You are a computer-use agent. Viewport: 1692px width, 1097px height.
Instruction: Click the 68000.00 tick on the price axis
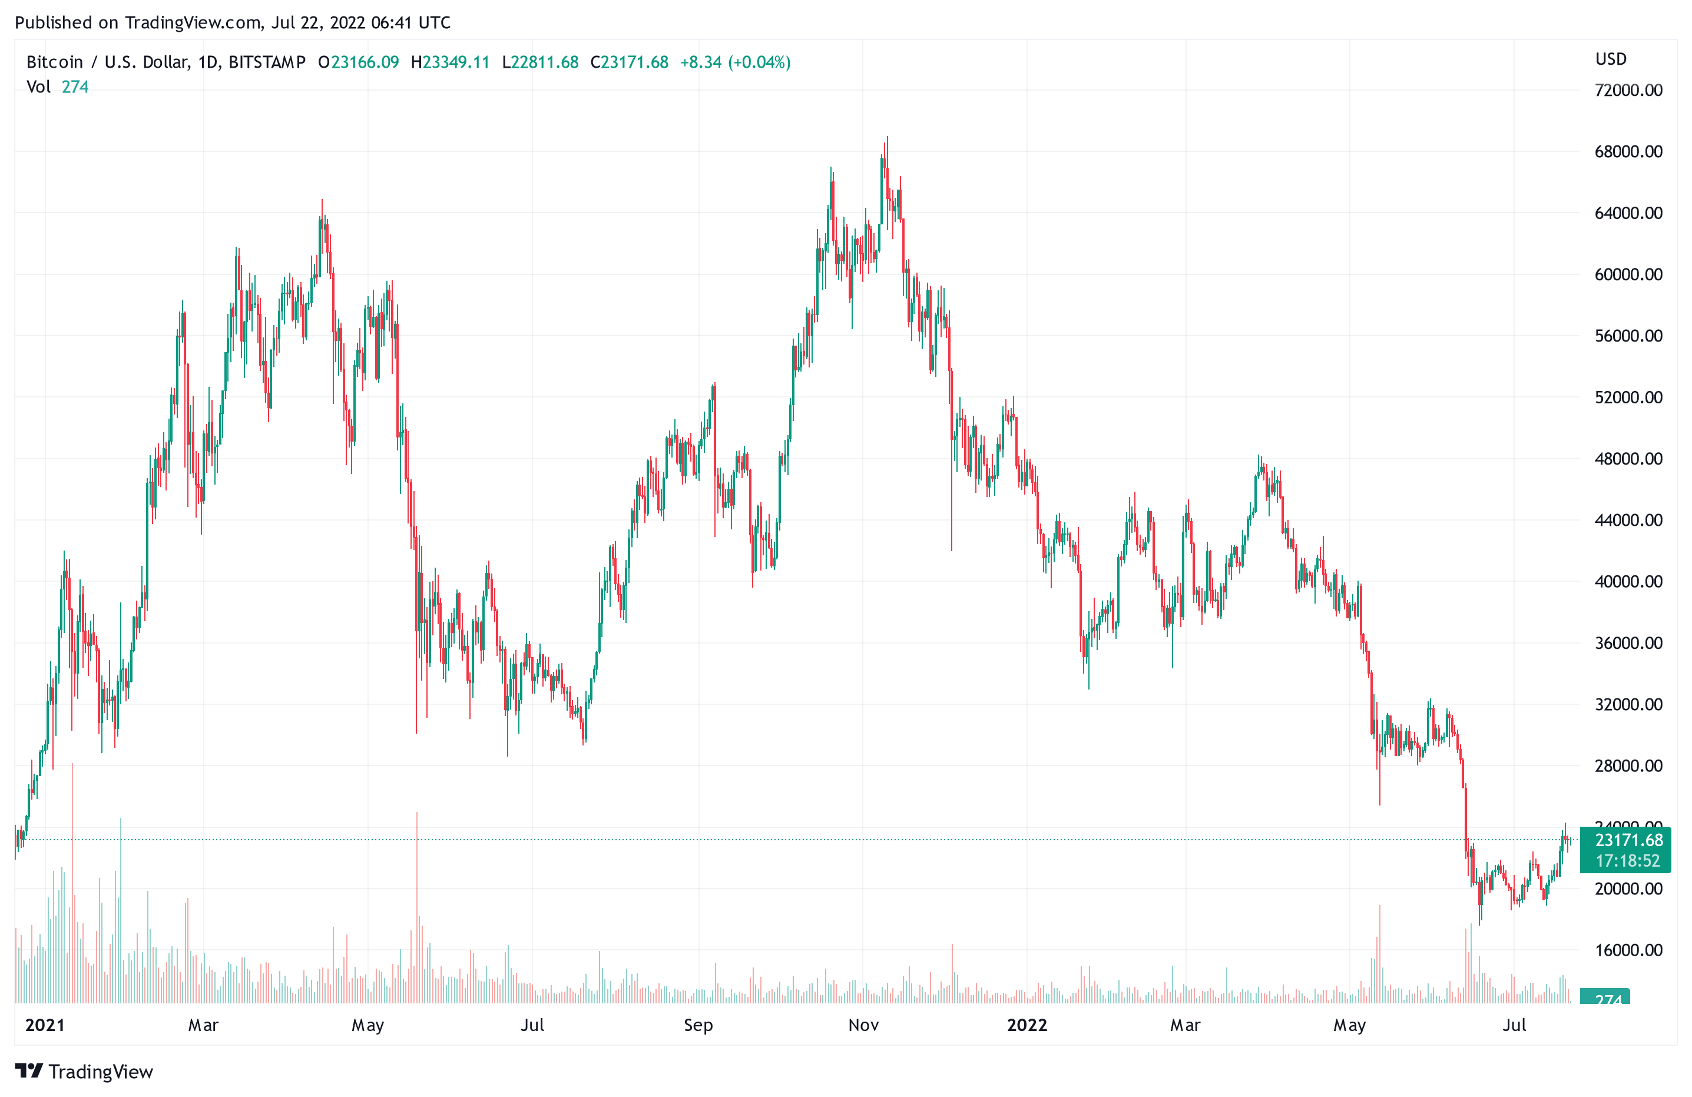[1628, 151]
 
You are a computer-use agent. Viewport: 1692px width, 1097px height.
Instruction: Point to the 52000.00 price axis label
[1628, 397]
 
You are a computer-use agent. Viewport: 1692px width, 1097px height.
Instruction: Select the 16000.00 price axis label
[1628, 950]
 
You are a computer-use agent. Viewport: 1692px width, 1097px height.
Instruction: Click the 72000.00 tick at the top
[1628, 90]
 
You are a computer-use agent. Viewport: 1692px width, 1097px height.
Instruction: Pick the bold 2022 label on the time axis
[1027, 1025]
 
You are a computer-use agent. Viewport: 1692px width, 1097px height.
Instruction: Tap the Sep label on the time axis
[698, 1025]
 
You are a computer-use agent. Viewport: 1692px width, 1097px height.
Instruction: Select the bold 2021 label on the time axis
[45, 1025]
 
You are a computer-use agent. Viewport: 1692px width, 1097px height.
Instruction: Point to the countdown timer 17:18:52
[1627, 861]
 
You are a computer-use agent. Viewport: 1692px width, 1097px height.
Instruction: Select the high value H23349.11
[450, 62]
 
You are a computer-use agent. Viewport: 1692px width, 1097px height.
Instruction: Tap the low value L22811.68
[540, 62]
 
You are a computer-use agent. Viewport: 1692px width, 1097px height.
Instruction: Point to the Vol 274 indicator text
[58, 87]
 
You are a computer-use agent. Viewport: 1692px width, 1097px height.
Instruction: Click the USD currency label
[1610, 59]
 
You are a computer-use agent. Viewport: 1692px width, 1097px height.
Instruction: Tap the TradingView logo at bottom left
[84, 1072]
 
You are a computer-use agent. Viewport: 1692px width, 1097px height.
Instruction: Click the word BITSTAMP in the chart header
[267, 62]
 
